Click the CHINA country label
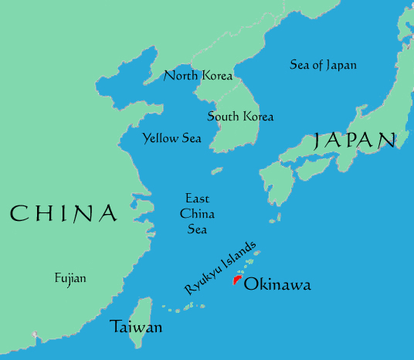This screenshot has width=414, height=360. (63, 213)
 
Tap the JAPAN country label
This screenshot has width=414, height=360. (355, 140)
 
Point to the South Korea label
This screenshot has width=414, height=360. (240, 117)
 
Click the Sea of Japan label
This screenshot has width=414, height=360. (323, 65)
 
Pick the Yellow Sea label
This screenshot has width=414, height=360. (171, 139)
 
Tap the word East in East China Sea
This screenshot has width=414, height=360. (197, 199)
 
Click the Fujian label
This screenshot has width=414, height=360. (70, 278)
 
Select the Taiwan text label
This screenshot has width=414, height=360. (136, 327)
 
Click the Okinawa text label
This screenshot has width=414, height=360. (277, 285)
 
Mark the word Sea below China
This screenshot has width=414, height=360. (197, 229)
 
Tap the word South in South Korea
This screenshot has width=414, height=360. (222, 117)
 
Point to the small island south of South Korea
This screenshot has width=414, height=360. (217, 171)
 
